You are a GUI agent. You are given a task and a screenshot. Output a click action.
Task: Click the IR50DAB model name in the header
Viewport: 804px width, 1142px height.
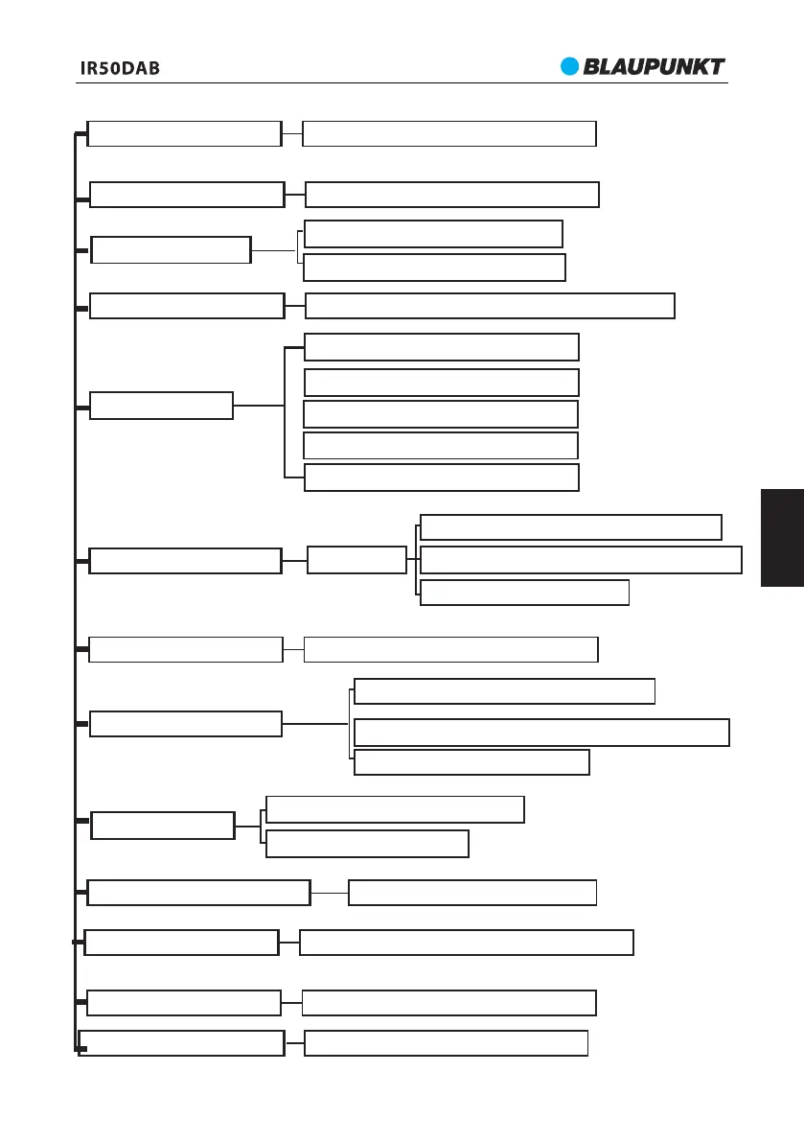[120, 69]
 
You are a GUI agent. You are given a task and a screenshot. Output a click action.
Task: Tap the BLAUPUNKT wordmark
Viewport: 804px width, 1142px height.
[655, 67]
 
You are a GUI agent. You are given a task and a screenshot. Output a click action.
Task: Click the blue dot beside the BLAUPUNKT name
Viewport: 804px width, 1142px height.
[571, 66]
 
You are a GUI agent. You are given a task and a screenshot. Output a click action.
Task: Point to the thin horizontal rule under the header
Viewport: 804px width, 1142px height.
[402, 82]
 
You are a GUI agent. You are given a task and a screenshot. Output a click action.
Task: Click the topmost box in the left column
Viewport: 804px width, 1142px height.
[184, 134]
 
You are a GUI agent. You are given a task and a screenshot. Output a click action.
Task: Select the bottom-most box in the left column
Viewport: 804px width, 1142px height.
[182, 1043]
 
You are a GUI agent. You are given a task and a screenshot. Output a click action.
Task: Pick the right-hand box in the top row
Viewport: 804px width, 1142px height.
[449, 134]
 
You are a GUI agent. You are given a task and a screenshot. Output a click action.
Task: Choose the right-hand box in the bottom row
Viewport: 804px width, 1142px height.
[446, 1043]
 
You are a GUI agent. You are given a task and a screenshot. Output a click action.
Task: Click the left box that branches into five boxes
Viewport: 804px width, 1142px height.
[161, 406]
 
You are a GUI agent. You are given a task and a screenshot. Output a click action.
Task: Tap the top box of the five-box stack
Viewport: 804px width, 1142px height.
[442, 347]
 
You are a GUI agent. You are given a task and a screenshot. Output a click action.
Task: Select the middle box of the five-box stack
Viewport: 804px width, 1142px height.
[441, 414]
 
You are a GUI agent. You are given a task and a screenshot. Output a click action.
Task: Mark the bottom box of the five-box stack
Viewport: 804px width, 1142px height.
[442, 478]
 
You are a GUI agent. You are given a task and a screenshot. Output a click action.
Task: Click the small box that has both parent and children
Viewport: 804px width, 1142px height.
[356, 560]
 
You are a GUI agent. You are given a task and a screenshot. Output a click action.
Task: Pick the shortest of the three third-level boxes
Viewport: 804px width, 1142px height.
[524, 593]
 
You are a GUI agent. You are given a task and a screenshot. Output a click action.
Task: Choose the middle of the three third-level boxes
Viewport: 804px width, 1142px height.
[581, 560]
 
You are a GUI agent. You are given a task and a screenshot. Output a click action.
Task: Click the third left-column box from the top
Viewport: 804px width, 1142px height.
[171, 250]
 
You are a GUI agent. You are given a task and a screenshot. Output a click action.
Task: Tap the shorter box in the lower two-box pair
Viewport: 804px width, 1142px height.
[367, 844]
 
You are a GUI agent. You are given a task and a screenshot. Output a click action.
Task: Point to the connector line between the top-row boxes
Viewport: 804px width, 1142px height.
[292, 134]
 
